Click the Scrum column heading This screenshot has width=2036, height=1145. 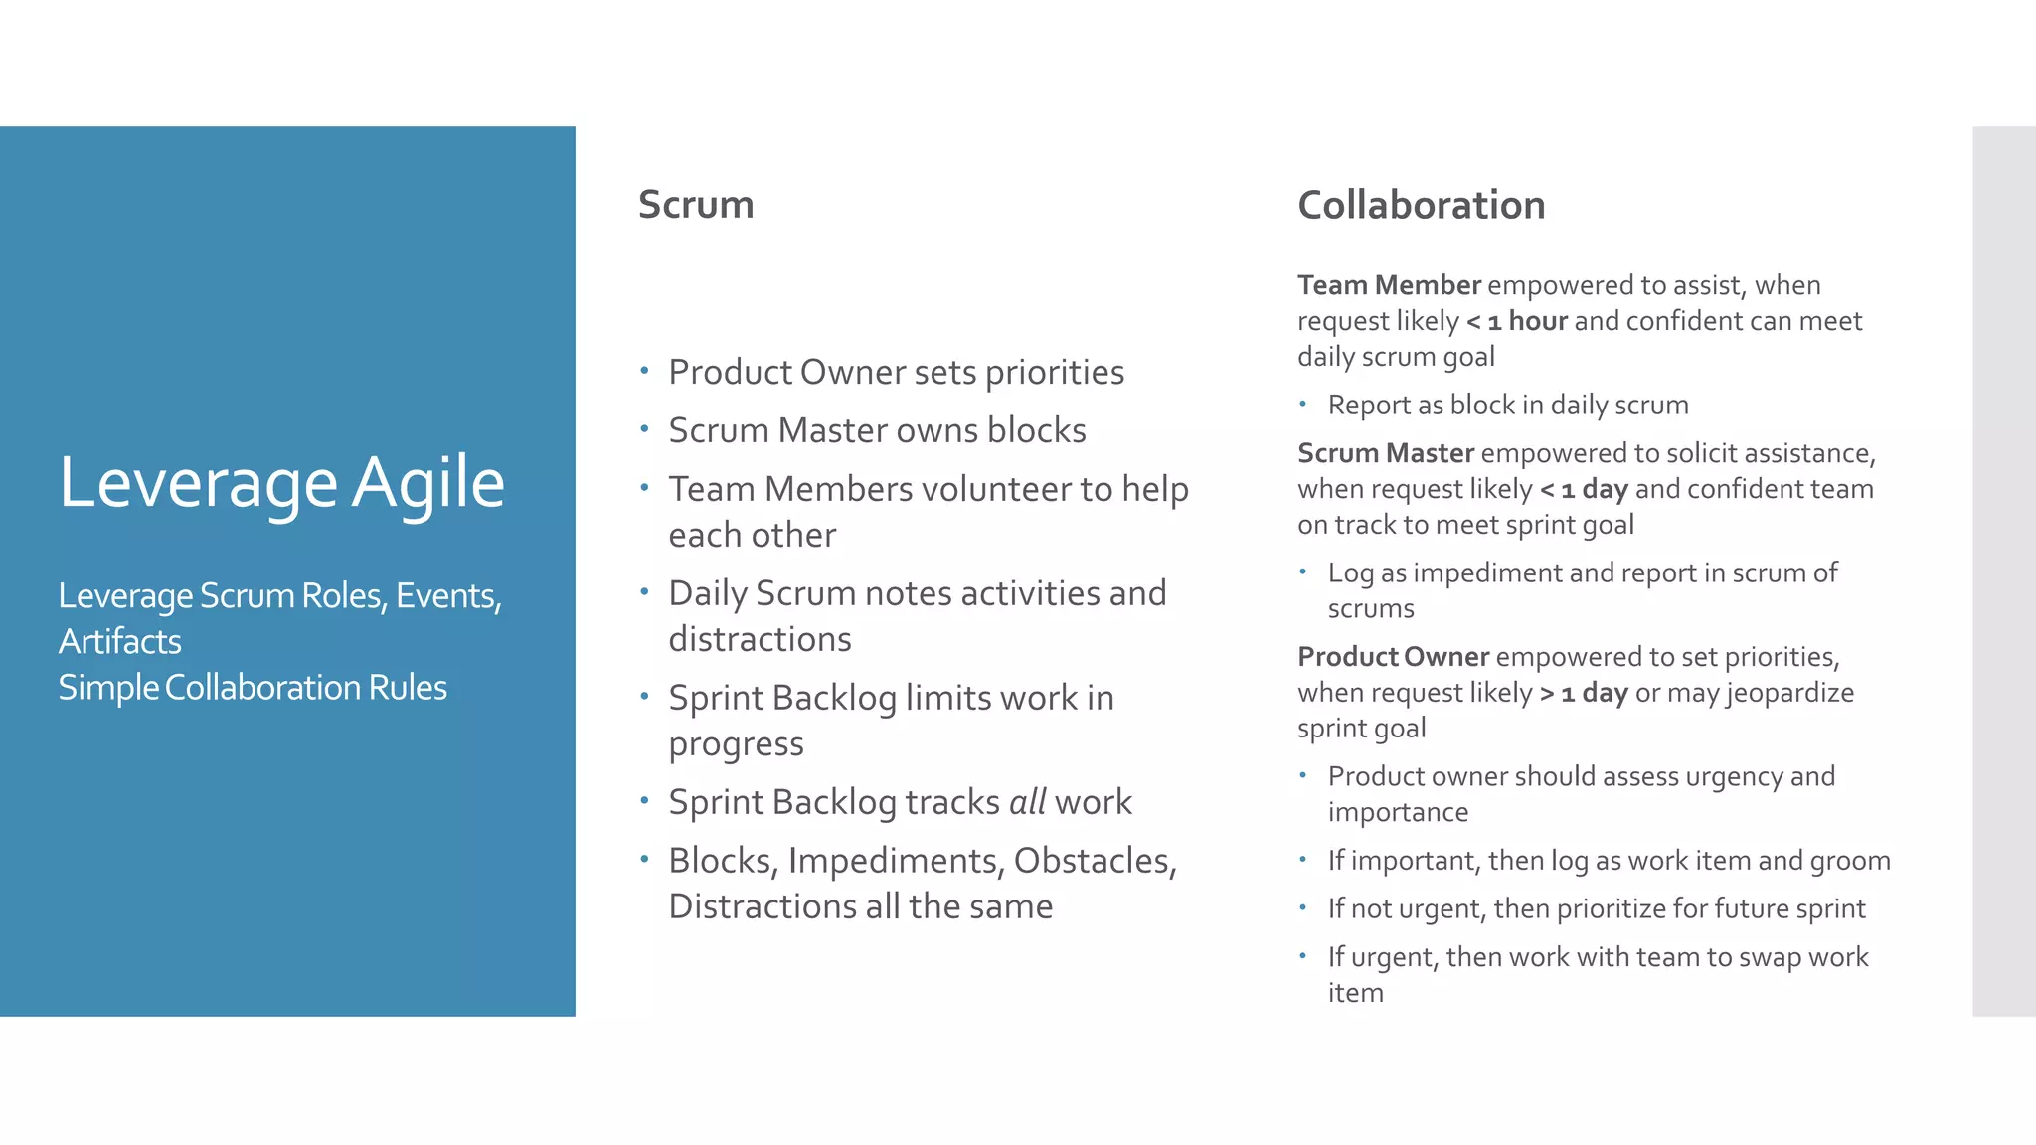(x=696, y=205)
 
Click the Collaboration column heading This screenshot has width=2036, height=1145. (x=1421, y=206)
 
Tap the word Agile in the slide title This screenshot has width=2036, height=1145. (x=428, y=483)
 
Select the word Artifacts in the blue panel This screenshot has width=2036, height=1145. (x=120, y=642)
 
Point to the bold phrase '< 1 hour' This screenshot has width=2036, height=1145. (x=1517, y=321)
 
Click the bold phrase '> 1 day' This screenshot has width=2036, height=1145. (x=1584, y=693)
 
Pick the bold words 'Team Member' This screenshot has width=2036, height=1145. (x=1389, y=286)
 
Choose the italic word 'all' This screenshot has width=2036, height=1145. (x=1027, y=802)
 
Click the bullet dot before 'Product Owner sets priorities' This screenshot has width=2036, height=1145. (x=644, y=372)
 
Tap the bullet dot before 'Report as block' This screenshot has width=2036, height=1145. (x=1302, y=404)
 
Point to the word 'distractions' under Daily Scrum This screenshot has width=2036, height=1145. (x=760, y=639)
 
